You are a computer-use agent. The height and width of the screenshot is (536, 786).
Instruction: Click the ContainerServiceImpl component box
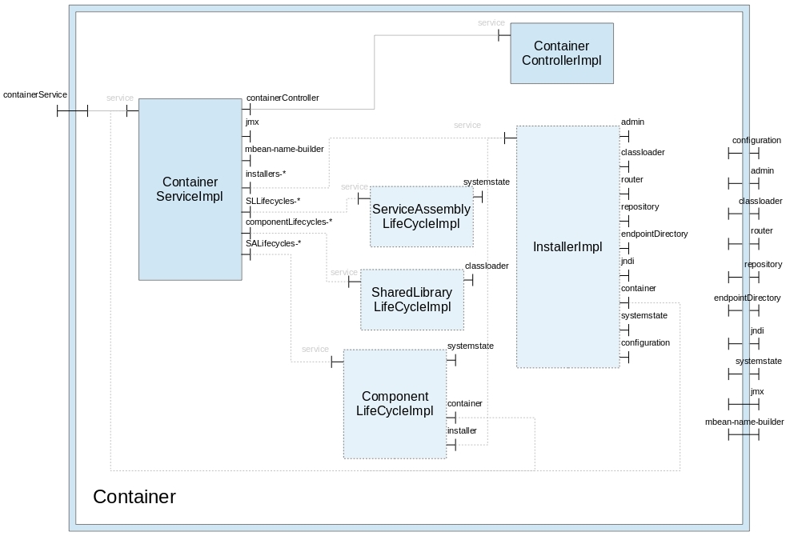point(190,189)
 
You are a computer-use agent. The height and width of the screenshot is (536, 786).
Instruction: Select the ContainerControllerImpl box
point(562,53)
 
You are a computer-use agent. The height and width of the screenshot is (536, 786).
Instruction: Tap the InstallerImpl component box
point(567,246)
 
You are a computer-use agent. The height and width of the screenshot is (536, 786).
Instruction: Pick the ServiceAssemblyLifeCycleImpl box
point(421,216)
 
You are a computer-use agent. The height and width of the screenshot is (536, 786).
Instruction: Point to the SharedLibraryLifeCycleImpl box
point(412,299)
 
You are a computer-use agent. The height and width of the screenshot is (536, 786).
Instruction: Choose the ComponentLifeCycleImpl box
point(395,403)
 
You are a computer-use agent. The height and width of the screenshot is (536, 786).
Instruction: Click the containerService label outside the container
point(35,94)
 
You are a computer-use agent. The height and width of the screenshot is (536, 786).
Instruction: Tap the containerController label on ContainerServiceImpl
point(283,98)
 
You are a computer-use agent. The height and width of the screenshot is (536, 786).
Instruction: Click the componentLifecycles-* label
point(288,222)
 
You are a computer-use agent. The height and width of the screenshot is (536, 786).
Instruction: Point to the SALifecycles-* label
point(273,243)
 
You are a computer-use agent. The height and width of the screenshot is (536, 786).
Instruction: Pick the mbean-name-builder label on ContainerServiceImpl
point(284,148)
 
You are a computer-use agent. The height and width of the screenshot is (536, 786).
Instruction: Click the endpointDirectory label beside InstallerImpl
point(654,234)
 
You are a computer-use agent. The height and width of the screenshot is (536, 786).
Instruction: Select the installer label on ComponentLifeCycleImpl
point(462,430)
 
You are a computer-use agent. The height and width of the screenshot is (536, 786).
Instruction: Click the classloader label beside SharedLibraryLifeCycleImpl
point(487,266)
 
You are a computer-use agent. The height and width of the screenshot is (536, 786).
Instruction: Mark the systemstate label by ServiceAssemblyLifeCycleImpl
point(487,182)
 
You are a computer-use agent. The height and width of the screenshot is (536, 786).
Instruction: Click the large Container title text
point(134,497)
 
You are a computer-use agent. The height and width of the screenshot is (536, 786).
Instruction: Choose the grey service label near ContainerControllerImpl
point(491,23)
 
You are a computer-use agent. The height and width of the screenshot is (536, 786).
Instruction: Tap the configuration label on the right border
point(756,140)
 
